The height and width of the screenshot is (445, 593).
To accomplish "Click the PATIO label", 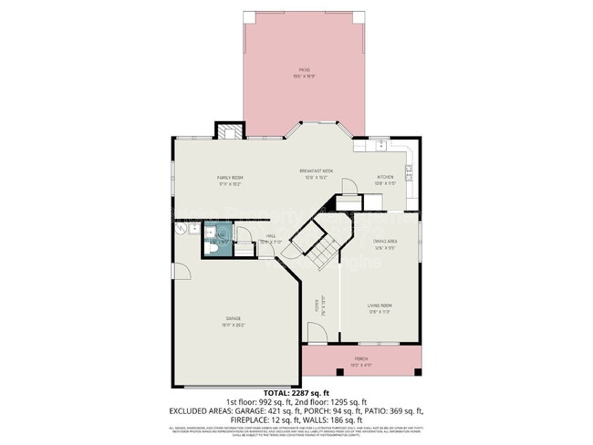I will tap(305, 69).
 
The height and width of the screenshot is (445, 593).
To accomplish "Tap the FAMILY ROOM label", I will tap(228, 177).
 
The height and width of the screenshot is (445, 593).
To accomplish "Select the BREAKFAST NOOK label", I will tap(316, 171).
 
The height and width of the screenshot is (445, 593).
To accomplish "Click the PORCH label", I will tap(362, 360).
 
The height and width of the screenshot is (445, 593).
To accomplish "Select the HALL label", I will tap(271, 235).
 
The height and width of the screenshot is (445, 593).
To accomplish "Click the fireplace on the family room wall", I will tap(229, 131).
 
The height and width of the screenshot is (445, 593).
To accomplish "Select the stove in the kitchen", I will tap(409, 170).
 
